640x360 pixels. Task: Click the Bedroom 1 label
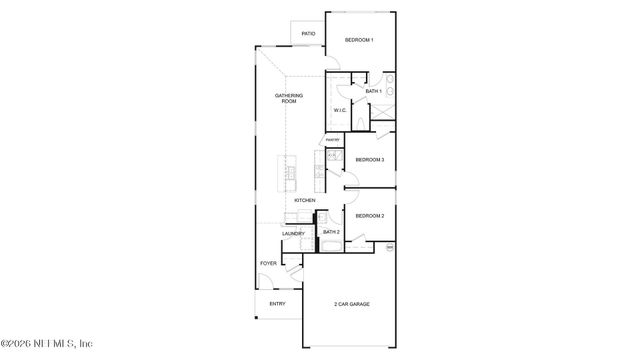coord(359,40)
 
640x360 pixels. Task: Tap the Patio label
coord(308,34)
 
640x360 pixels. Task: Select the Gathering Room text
coord(288,98)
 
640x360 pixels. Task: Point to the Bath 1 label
coord(373,92)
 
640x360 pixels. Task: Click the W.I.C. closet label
coord(339,111)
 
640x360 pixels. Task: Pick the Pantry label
coord(333,139)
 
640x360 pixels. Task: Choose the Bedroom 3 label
coord(371,160)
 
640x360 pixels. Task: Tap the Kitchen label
coord(305,200)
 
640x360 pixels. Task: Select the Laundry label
coord(293,234)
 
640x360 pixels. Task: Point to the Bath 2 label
coord(331,232)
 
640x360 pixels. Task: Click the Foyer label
coord(268,264)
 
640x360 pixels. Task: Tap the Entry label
coord(277,304)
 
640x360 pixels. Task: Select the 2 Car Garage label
coord(352,304)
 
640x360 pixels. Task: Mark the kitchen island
coord(290,175)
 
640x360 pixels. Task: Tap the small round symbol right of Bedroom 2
coord(390,245)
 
